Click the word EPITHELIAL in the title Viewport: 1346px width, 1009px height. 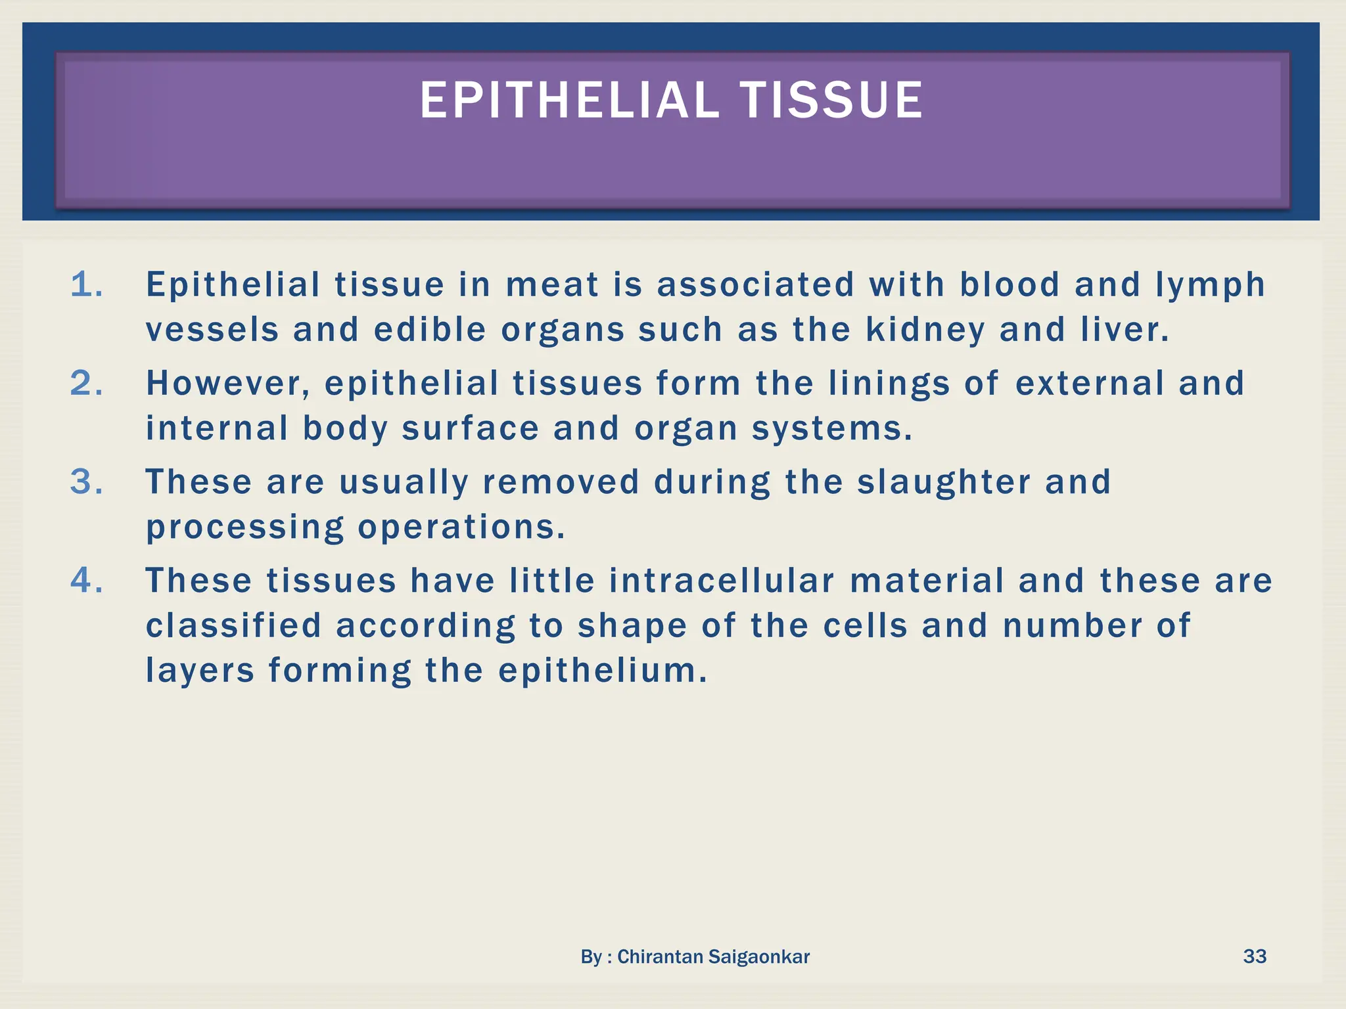coord(569,101)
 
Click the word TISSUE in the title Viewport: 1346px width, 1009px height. coord(831,101)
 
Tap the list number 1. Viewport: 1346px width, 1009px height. coord(86,285)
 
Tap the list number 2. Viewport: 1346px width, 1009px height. coord(86,384)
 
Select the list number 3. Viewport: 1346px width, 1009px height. coord(86,482)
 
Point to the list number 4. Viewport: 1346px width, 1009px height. coord(86,581)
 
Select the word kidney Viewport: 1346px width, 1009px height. coord(925,330)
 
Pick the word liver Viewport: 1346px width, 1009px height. coord(1125,329)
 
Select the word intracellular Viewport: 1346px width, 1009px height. coord(722,581)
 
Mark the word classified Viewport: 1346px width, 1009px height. coord(233,625)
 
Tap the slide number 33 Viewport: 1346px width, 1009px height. coord(1254,956)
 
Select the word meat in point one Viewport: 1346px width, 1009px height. coord(552,285)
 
